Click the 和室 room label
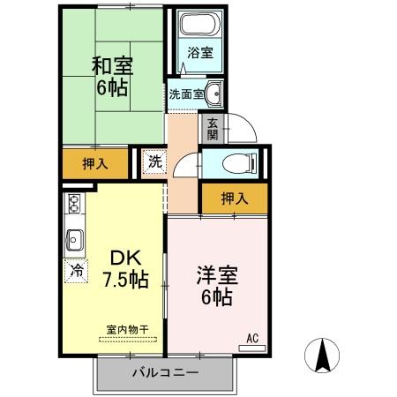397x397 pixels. pos(109,65)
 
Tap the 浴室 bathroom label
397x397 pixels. pos(199,53)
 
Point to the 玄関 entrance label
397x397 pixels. pos(213,130)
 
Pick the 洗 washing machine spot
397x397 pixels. pos(154,161)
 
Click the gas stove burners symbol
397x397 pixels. pos(74,209)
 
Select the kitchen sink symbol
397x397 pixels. pos(74,239)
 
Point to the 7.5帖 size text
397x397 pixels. pos(125,281)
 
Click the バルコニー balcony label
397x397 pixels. pos(165,372)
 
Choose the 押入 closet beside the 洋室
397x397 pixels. pos(234,198)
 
